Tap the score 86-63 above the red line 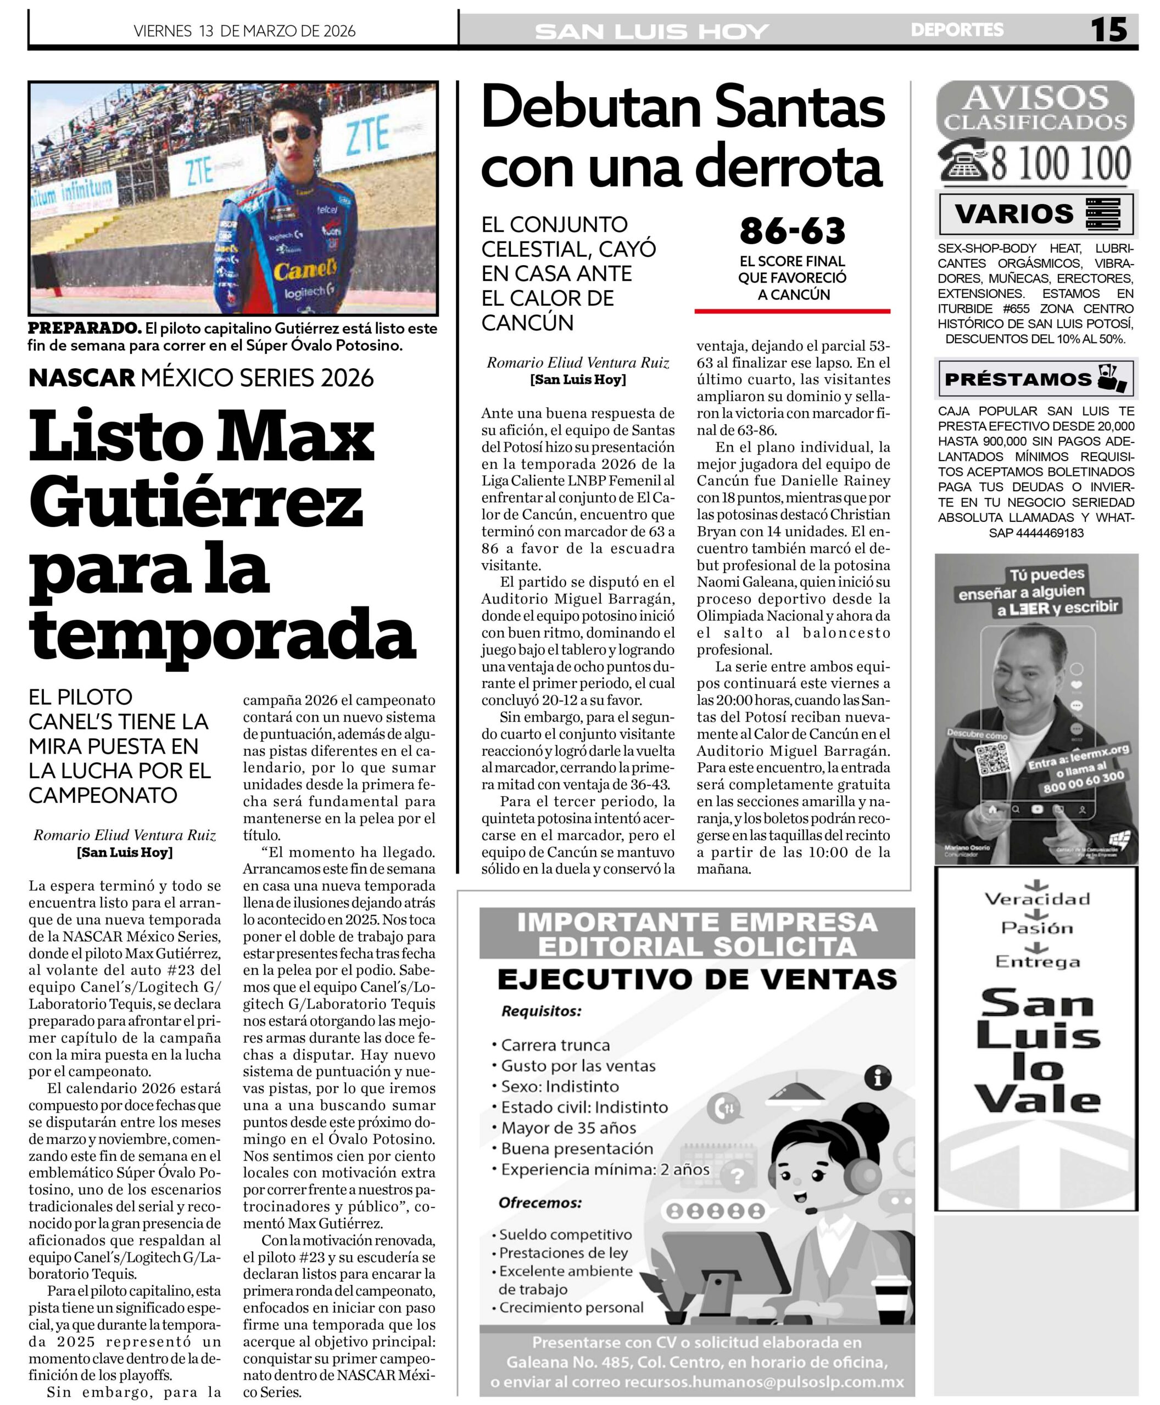coord(792,231)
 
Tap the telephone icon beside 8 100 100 coord(963,161)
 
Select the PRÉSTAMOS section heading coord(1017,379)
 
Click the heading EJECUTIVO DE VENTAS coord(697,980)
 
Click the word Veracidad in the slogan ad coord(1036,899)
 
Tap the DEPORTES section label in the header coord(957,30)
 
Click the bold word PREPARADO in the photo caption coord(84,329)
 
